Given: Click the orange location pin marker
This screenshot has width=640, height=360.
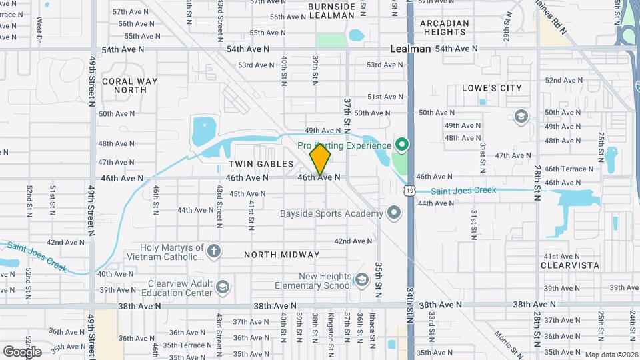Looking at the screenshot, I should coord(320,159).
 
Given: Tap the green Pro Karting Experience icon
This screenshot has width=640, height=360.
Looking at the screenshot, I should coord(401,145).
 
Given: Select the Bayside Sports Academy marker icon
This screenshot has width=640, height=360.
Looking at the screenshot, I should coord(394,213).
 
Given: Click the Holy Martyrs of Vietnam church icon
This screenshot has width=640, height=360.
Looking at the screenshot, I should coord(213,251).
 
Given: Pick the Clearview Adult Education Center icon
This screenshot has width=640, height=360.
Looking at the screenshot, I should coord(222,287).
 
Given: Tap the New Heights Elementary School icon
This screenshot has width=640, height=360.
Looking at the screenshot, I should coord(362,279).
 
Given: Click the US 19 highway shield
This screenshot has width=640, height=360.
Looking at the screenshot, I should coord(409,191).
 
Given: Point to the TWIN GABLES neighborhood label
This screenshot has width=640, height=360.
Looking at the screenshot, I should coord(261,163).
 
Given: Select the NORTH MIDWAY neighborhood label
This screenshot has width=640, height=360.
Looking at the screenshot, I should coord(281,255).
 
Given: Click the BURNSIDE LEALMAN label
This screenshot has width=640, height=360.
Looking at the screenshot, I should coord(332,11).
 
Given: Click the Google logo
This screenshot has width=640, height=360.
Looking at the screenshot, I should coord(22,351).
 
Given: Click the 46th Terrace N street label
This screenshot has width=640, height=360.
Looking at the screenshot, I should coord(571,169).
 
